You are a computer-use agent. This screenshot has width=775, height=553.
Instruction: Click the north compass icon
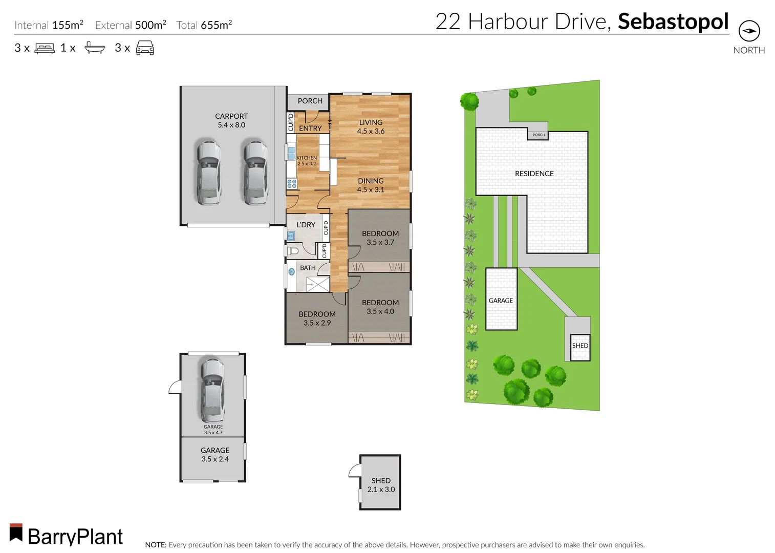point(749,31)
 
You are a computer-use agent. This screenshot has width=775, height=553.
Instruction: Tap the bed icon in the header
point(45,49)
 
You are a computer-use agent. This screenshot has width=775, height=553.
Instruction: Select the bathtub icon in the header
point(95,48)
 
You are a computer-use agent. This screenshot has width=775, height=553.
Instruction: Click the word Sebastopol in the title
point(673,22)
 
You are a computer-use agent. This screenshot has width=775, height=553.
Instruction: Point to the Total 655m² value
point(204,25)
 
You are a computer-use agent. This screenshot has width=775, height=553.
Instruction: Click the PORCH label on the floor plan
point(310,101)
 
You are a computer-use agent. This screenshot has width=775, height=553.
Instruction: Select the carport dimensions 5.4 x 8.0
point(231,125)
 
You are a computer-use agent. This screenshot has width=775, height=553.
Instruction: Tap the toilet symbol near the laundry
point(292,251)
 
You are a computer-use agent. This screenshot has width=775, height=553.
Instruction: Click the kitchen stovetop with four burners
point(292,183)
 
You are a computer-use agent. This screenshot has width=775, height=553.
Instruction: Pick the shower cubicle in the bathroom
point(318,284)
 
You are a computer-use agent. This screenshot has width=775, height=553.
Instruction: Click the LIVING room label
point(371,122)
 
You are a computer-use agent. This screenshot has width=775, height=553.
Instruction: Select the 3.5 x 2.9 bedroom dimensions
point(317,323)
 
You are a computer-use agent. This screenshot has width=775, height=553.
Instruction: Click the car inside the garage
point(212,389)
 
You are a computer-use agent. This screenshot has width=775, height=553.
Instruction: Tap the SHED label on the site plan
point(580,346)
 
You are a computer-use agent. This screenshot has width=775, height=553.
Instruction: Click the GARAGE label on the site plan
point(501,301)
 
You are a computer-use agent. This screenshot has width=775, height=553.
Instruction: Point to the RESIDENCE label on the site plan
point(534,174)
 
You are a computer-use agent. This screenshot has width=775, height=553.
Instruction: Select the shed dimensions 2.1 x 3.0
point(381,490)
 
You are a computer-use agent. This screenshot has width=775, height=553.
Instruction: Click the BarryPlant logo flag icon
point(16,533)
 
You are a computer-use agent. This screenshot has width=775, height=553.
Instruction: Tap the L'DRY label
point(306,225)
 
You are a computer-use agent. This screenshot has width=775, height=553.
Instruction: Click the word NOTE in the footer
point(156,545)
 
